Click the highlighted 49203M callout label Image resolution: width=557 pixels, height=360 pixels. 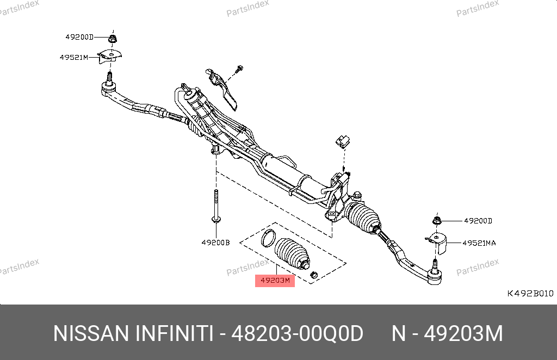(x=275, y=281)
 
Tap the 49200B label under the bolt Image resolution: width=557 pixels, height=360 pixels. (x=215, y=243)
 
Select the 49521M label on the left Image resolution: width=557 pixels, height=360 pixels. (x=74, y=57)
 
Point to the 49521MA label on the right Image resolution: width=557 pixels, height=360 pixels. (x=479, y=243)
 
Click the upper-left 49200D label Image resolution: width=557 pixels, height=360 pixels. (x=79, y=37)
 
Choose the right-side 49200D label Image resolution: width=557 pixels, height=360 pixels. (x=478, y=221)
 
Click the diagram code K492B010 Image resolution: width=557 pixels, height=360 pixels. (x=530, y=293)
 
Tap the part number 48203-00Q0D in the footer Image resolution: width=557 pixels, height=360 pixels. (x=298, y=334)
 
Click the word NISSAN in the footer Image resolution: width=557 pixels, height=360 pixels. (x=91, y=334)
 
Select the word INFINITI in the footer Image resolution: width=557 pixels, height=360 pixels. (x=175, y=334)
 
